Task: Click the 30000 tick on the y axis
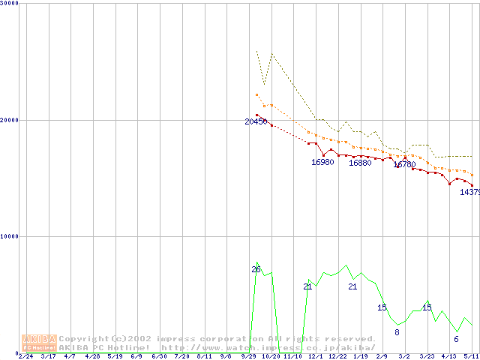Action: [x=10, y=4]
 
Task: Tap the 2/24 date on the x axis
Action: [x=25, y=356]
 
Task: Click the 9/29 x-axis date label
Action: [x=248, y=356]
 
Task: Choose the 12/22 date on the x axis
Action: [x=337, y=356]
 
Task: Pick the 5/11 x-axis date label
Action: [x=471, y=356]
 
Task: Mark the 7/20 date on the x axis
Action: [x=181, y=356]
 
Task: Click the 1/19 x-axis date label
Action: [x=360, y=356]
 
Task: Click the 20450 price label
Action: [x=256, y=121]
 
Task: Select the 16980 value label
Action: [x=322, y=162]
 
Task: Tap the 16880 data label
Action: [x=360, y=163]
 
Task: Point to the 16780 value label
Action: [x=404, y=164]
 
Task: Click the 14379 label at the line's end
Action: [x=469, y=192]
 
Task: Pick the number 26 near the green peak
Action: [x=256, y=269]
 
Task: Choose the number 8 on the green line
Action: [x=397, y=332]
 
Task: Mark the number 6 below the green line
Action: [x=456, y=339]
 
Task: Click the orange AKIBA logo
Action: [x=39, y=342]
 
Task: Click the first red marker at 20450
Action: [x=256, y=115]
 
